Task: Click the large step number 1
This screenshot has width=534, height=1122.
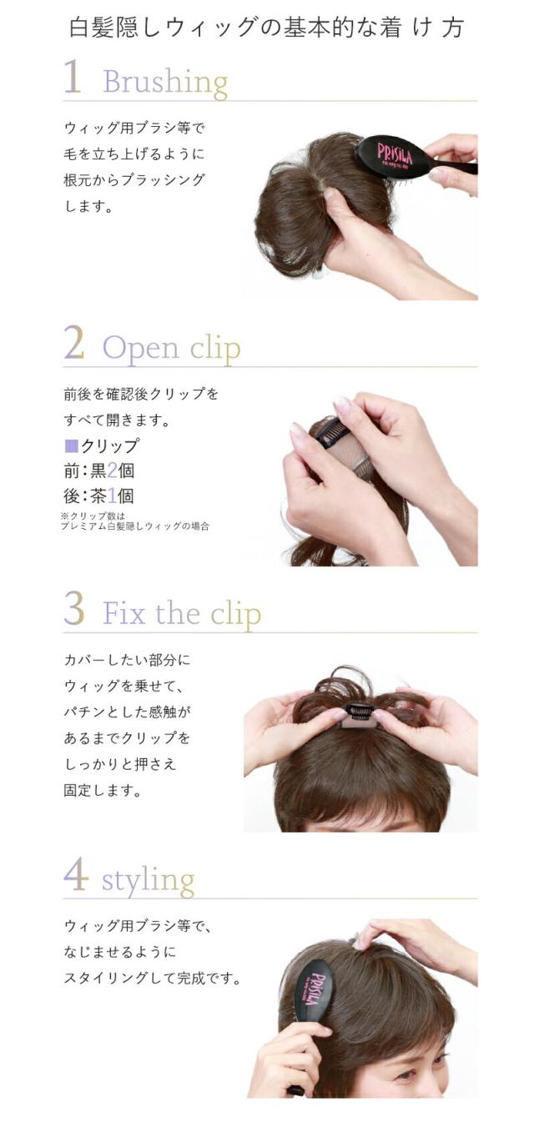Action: tap(73, 77)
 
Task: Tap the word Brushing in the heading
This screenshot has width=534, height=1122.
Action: tap(165, 82)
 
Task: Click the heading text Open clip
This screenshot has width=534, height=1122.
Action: tap(171, 348)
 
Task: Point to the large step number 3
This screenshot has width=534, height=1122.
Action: tap(74, 608)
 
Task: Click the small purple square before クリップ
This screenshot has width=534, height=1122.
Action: tap(72, 445)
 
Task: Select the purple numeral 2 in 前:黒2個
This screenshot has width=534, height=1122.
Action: tap(112, 470)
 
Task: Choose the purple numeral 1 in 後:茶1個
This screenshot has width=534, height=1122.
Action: tap(112, 496)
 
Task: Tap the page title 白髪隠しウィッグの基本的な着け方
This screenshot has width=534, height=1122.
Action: tap(266, 28)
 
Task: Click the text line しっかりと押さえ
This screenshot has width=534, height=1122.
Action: tap(120, 764)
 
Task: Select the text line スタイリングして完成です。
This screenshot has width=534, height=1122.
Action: tap(153, 978)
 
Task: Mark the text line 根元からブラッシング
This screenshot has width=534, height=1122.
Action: tap(134, 179)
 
